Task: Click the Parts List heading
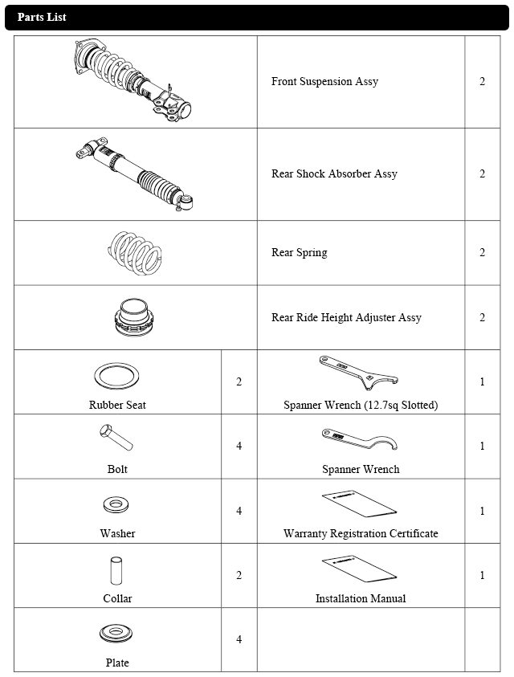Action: pyautogui.click(x=42, y=17)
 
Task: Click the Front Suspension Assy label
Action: pyautogui.click(x=324, y=82)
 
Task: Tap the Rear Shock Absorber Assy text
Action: pyautogui.click(x=334, y=173)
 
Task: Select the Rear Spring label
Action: pyautogui.click(x=299, y=253)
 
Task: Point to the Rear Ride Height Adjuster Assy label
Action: pyautogui.click(x=346, y=317)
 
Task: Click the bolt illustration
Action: pyautogui.click(x=116, y=438)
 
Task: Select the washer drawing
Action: pyautogui.click(x=117, y=506)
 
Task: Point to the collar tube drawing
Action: pyautogui.click(x=116, y=570)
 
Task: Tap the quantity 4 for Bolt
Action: pyautogui.click(x=239, y=446)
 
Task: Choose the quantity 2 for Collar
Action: pyautogui.click(x=239, y=575)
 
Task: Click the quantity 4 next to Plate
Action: pyautogui.click(x=239, y=639)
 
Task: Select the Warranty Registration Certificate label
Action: pyautogui.click(x=361, y=533)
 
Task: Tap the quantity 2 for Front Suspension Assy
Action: pyautogui.click(x=482, y=82)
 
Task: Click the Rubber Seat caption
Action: pyautogui.click(x=117, y=405)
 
